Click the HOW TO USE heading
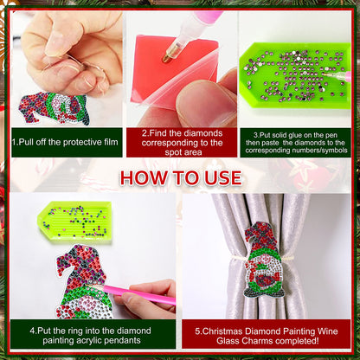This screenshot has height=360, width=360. (180, 177)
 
